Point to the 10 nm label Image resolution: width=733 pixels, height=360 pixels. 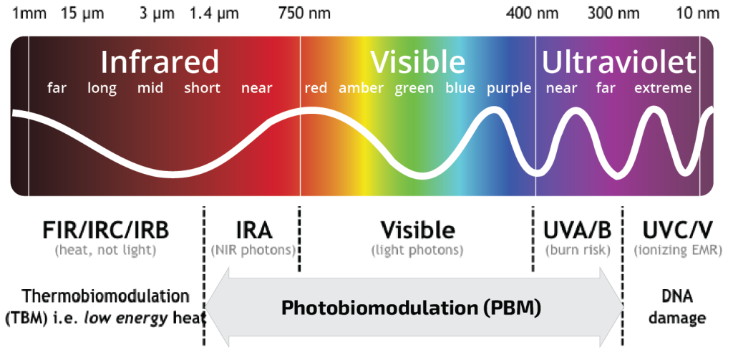point(698,13)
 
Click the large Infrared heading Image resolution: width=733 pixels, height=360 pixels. point(159,62)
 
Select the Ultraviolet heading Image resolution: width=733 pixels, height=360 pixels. point(618,62)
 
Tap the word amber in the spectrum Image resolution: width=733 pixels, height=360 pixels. point(361,89)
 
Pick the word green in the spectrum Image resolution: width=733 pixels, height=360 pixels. point(414,89)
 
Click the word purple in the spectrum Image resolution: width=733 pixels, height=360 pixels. point(509,89)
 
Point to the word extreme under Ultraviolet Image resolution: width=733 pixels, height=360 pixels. point(663,89)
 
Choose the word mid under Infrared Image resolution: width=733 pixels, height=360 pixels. point(150,89)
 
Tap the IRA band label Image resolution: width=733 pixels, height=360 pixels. point(253,230)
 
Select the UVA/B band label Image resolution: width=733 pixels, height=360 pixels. point(577,230)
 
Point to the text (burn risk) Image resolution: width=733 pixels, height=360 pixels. point(577,250)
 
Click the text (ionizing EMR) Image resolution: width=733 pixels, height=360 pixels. point(678,250)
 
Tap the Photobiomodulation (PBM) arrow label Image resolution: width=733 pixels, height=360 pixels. point(411,308)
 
